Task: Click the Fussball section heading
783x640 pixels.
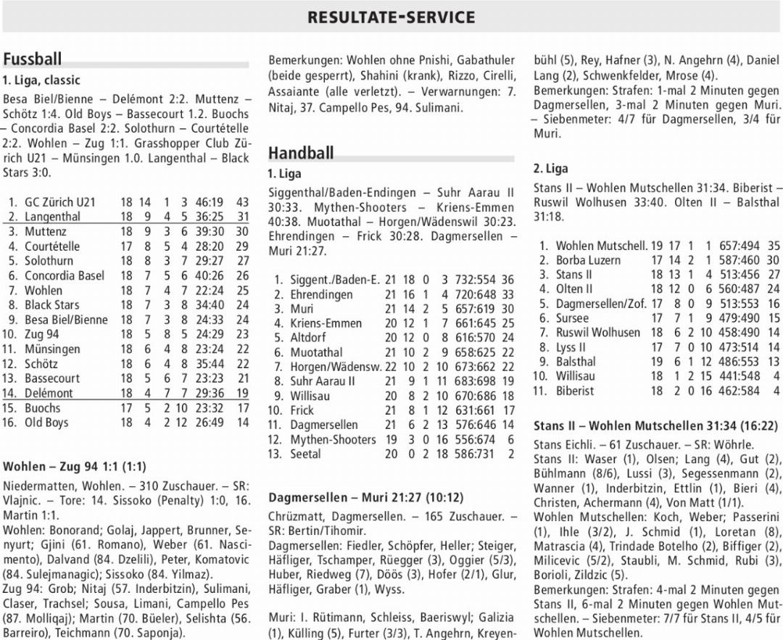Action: [x=33, y=59]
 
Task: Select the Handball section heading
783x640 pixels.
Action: [x=301, y=153]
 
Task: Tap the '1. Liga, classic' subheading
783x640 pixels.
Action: [x=41, y=80]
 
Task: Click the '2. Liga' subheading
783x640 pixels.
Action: [x=551, y=168]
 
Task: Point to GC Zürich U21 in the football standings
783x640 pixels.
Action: [x=59, y=202]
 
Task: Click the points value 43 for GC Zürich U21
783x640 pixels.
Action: [x=241, y=202]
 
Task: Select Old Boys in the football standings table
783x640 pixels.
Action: [x=46, y=423]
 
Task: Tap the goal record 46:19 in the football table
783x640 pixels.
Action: [x=209, y=202]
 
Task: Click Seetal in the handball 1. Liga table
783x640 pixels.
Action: [x=306, y=454]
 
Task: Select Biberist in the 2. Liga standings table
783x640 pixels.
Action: [x=574, y=391]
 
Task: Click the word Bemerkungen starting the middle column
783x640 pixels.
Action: [x=305, y=60]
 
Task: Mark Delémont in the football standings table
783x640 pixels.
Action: [x=49, y=394]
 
